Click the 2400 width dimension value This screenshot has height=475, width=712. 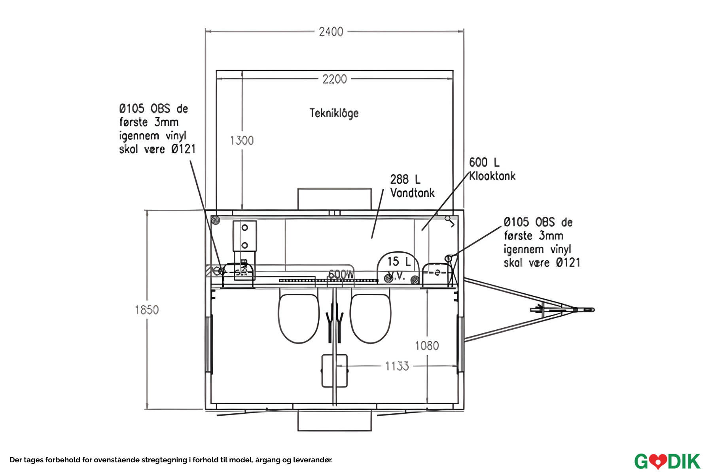(331, 32)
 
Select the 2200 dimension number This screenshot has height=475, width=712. (335, 79)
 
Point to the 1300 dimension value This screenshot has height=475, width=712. (242, 141)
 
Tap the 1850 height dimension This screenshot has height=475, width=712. (147, 310)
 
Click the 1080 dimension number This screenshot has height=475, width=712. (427, 346)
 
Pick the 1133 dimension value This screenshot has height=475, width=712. (397, 366)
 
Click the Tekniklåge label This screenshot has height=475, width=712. (334, 113)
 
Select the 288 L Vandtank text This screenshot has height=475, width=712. (412, 186)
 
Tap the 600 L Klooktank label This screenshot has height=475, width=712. (492, 169)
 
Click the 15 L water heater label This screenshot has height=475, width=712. (399, 262)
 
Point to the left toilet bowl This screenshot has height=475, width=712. (298, 318)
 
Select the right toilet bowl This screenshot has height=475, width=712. (371, 318)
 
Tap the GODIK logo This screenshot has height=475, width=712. (667, 462)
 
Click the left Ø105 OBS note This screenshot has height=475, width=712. (157, 129)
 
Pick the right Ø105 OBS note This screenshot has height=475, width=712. (542, 242)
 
